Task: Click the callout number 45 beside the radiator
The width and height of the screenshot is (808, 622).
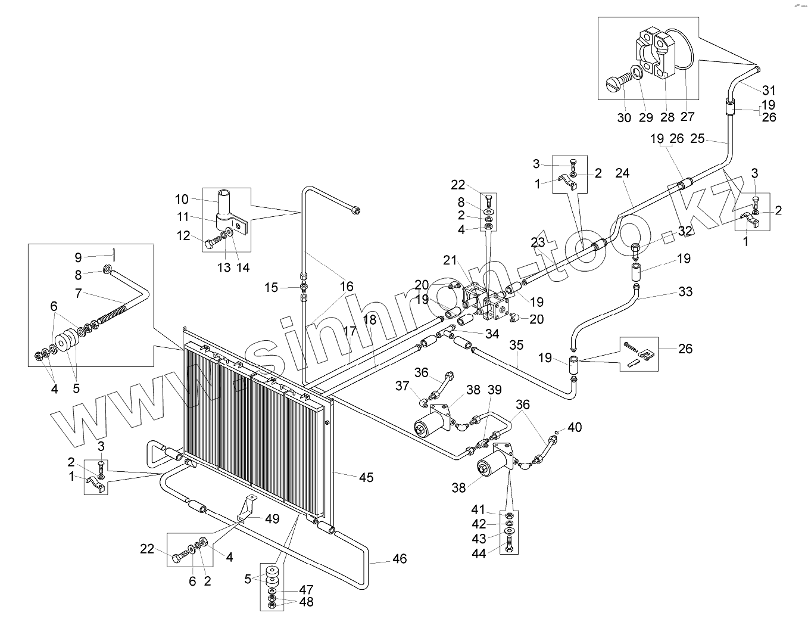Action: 366,477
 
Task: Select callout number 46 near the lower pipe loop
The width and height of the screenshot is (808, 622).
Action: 400,558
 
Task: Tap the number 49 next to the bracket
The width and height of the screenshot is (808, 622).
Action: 272,519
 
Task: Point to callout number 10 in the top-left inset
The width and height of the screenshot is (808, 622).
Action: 182,199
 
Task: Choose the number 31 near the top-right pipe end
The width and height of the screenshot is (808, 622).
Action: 769,90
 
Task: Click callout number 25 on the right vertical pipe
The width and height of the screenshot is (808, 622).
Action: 697,139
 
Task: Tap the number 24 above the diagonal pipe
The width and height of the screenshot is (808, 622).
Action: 622,173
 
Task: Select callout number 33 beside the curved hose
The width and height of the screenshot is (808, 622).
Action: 686,291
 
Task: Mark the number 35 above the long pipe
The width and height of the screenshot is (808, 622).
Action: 516,345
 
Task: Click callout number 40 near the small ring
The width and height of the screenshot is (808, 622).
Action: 575,427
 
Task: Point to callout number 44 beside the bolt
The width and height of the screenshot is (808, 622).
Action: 479,553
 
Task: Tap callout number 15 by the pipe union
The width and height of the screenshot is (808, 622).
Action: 271,288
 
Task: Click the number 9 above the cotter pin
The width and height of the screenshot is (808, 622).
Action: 79,257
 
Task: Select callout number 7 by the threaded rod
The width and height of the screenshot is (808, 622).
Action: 79,294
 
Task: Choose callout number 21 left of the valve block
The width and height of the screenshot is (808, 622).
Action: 449,260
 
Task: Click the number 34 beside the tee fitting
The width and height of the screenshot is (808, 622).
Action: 492,334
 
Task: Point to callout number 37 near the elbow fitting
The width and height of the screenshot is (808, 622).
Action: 403,386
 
